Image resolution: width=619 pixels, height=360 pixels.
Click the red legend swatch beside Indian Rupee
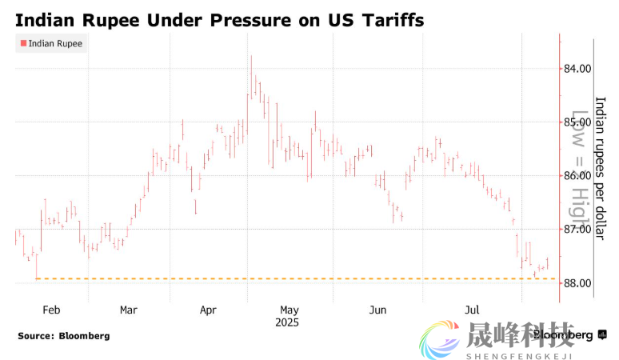click(22, 44)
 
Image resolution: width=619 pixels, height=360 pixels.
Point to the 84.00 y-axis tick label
click(577, 69)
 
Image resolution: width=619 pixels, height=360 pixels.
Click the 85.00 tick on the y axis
click(577, 122)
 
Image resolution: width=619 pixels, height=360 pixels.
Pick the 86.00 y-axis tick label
click(577, 176)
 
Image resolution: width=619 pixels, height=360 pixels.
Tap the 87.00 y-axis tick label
click(577, 230)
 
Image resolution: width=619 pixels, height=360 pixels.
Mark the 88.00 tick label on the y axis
click(577, 283)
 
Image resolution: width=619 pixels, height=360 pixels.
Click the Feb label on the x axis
click(50, 310)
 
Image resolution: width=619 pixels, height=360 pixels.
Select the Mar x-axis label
click(129, 310)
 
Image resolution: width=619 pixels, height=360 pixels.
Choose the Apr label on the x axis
click(208, 310)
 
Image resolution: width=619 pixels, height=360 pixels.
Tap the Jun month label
click(378, 310)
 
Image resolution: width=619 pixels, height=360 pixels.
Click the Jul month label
click(473, 310)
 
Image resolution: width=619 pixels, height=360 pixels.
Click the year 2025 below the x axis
click(287, 322)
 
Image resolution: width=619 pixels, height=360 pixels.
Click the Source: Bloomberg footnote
click(64, 336)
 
